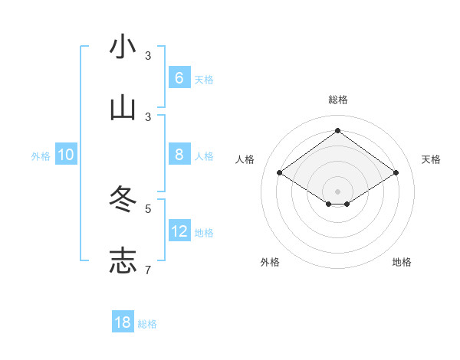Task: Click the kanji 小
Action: coord(123,47)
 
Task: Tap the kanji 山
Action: coord(123,109)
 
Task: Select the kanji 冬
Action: coord(123,200)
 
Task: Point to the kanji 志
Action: coord(123,261)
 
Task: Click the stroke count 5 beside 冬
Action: coord(148,208)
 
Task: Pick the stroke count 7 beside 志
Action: coord(148,270)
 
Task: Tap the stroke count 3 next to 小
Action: coord(148,56)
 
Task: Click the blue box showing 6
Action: coord(179,77)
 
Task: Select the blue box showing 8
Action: coord(179,155)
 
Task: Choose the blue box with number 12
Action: coord(179,231)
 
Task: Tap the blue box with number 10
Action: coord(66,155)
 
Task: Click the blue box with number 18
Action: coord(123,322)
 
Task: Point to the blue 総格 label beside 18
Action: coord(147,324)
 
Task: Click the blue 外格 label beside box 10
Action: coord(41,156)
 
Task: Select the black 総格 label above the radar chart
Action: coord(338,100)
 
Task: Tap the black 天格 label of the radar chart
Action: coord(431,159)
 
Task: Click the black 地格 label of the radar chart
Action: coord(402,262)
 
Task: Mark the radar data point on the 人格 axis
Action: coord(280,173)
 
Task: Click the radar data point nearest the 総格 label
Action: coord(337,131)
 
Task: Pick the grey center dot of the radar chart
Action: coord(337,191)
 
